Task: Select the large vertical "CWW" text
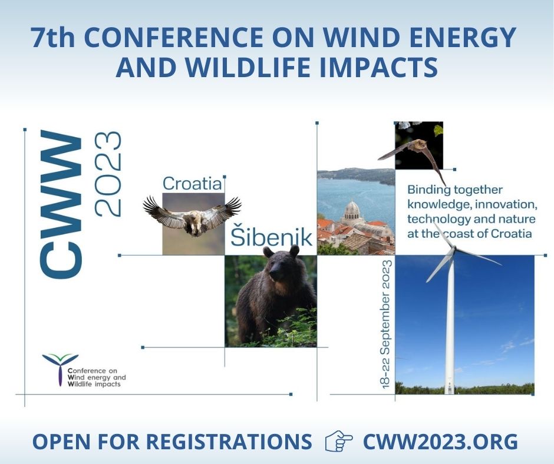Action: tap(61, 204)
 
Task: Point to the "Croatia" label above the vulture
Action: tap(192, 183)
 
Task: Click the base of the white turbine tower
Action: tap(450, 386)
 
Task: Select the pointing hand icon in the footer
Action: tap(339, 441)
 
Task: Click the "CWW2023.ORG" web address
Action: tap(440, 441)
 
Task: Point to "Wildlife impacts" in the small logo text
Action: tap(94, 384)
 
